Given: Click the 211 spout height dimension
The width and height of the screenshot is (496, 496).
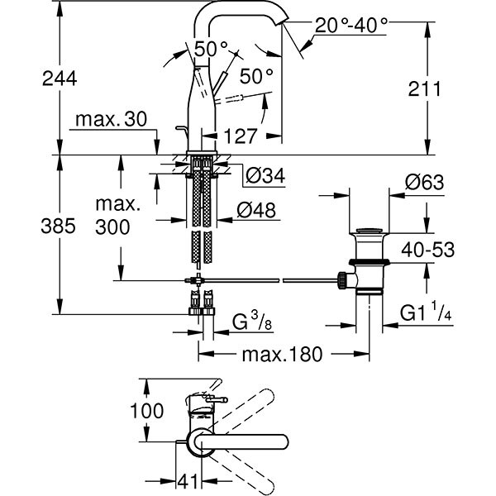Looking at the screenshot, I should (x=443, y=88).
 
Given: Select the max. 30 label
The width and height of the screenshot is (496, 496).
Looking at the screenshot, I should (x=110, y=120).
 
